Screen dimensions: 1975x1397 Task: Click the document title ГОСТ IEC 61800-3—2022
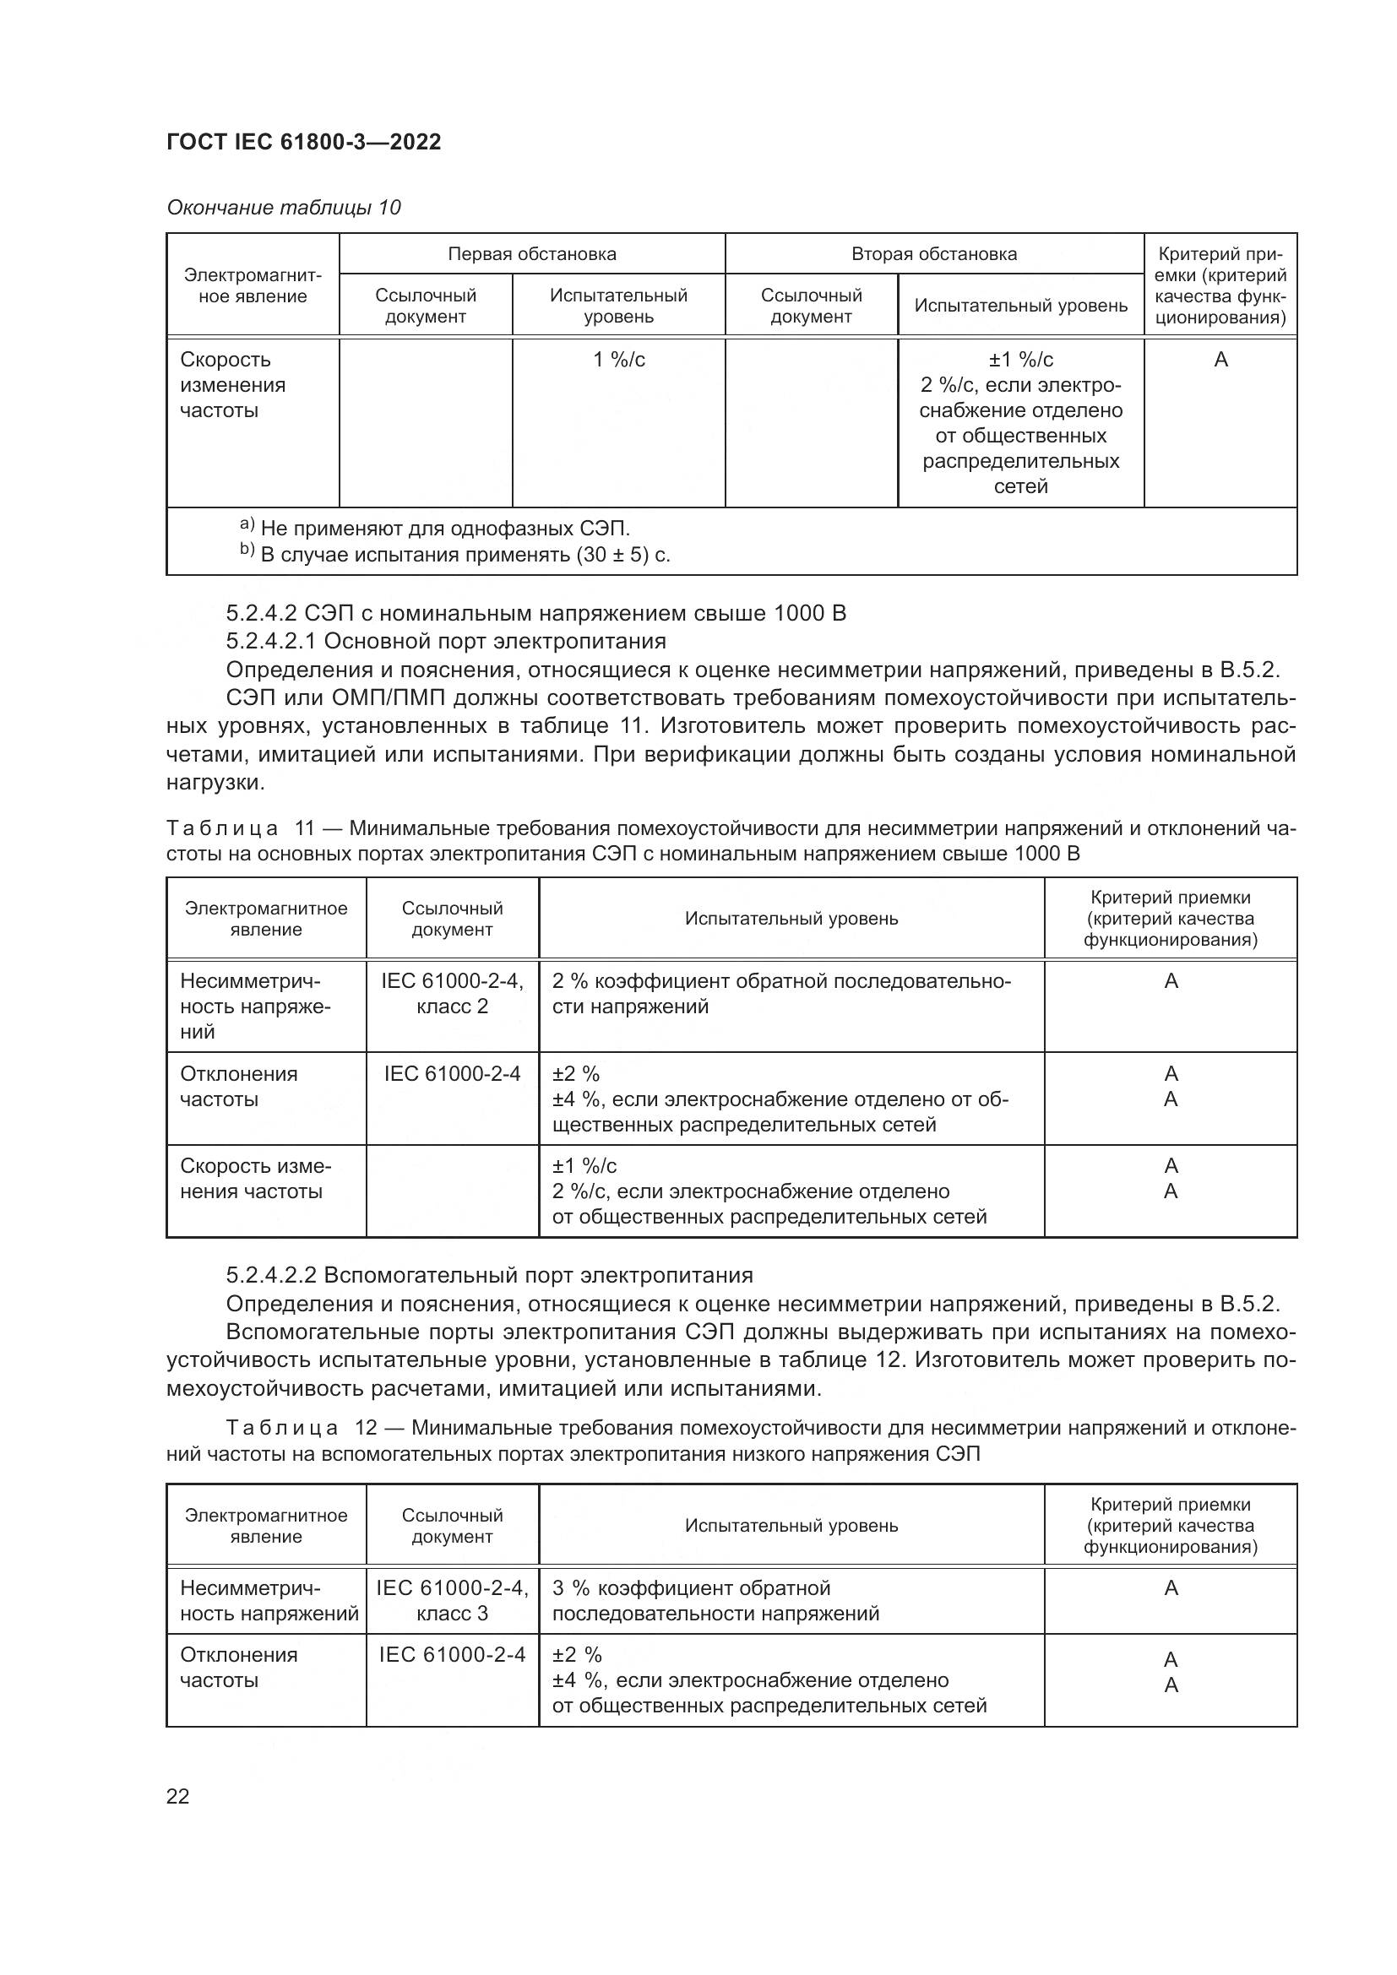(x=304, y=142)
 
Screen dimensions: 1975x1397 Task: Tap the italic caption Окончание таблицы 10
(x=283, y=208)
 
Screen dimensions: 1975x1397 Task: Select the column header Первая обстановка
(x=531, y=254)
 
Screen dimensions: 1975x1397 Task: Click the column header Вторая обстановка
(x=933, y=254)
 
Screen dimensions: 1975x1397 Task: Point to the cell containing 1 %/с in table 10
(x=618, y=360)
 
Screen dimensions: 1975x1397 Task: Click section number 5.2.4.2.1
(x=271, y=641)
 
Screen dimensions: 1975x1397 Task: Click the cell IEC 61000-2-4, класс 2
(x=452, y=994)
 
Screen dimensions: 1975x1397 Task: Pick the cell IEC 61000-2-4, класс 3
(x=452, y=1601)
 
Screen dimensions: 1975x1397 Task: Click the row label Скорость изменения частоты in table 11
(x=255, y=1179)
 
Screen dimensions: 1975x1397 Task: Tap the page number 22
(x=177, y=1796)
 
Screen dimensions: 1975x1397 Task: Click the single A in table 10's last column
(x=1220, y=360)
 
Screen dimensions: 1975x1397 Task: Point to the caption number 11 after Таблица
(x=305, y=828)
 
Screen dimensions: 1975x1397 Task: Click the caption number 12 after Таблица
(x=366, y=1428)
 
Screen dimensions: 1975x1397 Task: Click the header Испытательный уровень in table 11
(x=791, y=919)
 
